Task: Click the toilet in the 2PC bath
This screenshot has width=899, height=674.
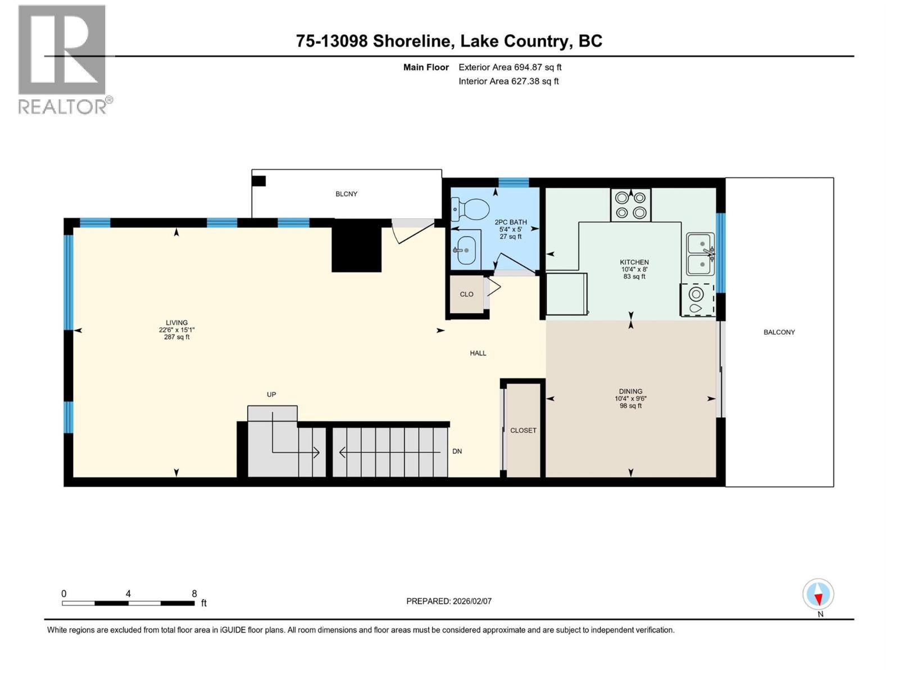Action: click(471, 210)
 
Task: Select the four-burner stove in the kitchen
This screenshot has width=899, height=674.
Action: click(630, 205)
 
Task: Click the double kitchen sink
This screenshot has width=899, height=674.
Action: click(701, 254)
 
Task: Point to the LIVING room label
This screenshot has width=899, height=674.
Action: click(176, 323)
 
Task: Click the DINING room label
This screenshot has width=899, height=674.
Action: click(630, 391)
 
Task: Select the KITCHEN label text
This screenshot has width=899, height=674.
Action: click(634, 262)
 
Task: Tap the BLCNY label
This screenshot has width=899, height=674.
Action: click(346, 194)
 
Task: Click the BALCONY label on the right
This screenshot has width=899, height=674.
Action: click(779, 332)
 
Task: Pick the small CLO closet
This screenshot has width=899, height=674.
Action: click(466, 294)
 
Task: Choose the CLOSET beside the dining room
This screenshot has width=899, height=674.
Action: click(523, 430)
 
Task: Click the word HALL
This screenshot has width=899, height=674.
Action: click(478, 353)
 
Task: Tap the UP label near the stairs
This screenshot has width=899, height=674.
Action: click(271, 395)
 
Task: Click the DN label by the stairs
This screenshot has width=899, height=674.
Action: click(457, 451)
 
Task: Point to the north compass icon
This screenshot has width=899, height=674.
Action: click(818, 595)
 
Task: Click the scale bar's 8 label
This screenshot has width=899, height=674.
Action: click(194, 594)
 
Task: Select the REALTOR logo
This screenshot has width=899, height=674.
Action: click(63, 59)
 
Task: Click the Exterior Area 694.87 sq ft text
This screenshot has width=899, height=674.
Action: click(510, 67)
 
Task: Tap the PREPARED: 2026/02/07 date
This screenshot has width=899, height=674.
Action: click(449, 601)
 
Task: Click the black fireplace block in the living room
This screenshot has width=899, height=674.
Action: click(357, 247)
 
